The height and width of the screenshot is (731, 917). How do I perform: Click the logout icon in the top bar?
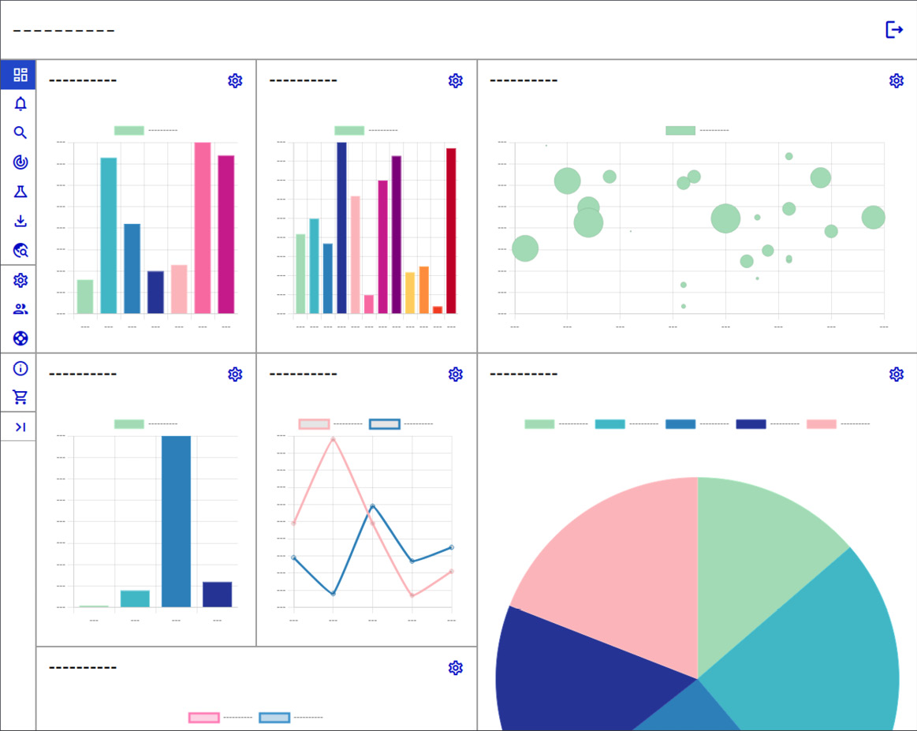point(893,30)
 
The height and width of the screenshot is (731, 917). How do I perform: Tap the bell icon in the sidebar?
point(21,103)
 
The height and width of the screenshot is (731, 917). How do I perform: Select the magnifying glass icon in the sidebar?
point(21,132)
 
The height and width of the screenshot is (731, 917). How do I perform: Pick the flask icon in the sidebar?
point(21,192)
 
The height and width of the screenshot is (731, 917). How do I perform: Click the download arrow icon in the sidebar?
point(21,221)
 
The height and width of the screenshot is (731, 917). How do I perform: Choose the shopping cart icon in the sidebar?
point(21,397)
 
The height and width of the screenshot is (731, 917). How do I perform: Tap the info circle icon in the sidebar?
point(21,368)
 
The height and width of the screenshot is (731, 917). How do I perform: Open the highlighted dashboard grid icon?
point(21,75)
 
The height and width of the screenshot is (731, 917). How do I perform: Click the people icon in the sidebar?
point(21,309)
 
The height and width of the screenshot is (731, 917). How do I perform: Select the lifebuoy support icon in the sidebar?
point(21,338)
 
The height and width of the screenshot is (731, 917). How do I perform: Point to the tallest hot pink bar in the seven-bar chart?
point(203,228)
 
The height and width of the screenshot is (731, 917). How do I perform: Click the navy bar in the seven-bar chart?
point(155,293)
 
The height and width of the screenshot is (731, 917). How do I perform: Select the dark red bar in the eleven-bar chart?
point(451,231)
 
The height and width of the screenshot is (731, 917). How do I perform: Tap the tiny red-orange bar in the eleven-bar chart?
point(438,310)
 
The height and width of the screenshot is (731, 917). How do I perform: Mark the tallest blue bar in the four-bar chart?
point(176,521)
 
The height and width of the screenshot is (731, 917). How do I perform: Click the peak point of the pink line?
point(333,438)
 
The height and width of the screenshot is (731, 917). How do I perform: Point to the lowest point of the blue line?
point(333,593)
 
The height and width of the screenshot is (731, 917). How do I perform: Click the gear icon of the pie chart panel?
point(896,374)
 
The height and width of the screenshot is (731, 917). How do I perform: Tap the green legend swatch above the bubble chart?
point(680,130)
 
